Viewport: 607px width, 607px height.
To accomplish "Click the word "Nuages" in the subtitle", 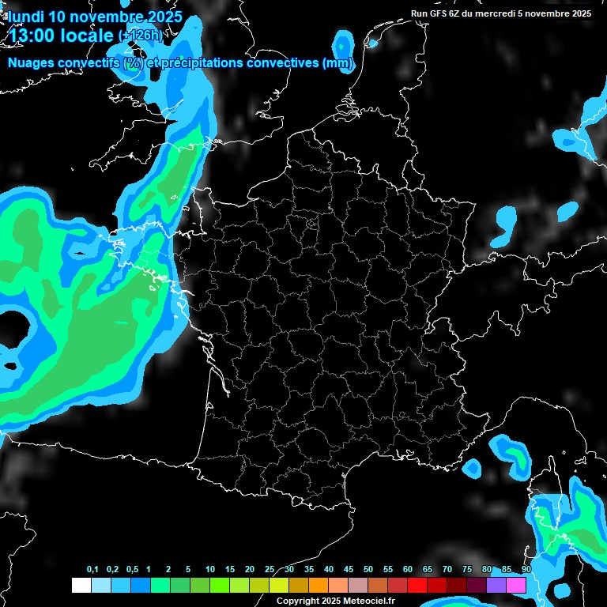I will pyautogui.click(x=30, y=63).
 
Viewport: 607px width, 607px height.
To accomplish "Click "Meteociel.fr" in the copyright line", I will pyautogui.click(x=368, y=601).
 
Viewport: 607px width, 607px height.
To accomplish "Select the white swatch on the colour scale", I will pyautogui.click(x=81, y=585).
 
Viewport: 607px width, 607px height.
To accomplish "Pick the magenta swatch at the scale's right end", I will pyautogui.click(x=516, y=585).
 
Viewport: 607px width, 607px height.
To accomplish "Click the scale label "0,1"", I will pyautogui.click(x=92, y=570).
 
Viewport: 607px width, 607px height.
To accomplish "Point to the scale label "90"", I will pyautogui.click(x=526, y=570).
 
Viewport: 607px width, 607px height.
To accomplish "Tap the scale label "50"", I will pyautogui.click(x=368, y=570).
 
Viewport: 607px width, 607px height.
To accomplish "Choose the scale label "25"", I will pyautogui.click(x=270, y=570).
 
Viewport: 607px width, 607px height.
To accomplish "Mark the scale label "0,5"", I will pyautogui.click(x=132, y=570).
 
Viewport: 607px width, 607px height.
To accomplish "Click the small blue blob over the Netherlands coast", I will pyautogui.click(x=344, y=42).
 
